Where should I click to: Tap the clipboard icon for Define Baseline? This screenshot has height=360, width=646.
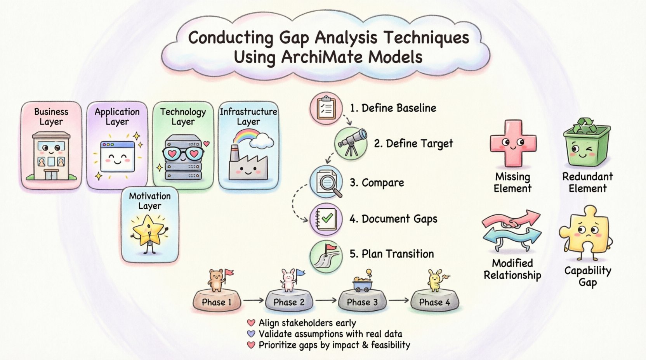click(326, 108)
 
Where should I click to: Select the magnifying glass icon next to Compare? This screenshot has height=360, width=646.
click(326, 182)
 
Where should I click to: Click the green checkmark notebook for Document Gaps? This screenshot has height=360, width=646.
click(326, 219)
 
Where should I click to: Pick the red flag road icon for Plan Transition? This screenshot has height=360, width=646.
click(326, 256)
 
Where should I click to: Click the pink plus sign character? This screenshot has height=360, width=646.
click(513, 143)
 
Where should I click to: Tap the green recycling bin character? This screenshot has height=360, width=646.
click(586, 143)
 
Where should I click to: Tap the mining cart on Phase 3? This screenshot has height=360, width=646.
click(363, 284)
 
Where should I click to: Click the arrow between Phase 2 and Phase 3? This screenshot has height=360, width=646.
click(326, 300)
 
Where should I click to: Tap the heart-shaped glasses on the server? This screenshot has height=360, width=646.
click(183, 154)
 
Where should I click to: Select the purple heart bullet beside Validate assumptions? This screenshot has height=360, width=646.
click(251, 334)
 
